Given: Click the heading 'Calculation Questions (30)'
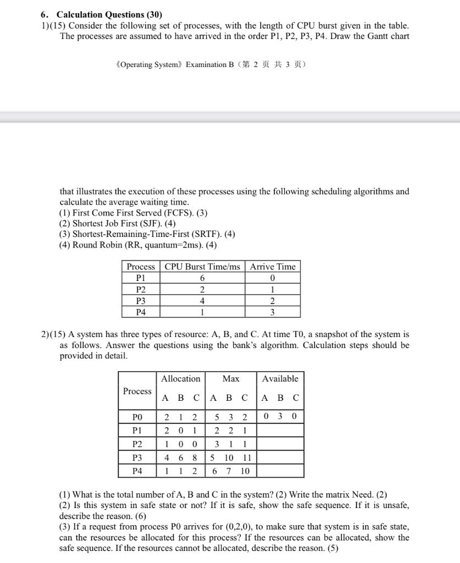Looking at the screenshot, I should tap(109, 15).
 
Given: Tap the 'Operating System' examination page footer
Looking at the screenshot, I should tap(211, 64).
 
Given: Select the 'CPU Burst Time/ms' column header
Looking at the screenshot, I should tap(202, 267).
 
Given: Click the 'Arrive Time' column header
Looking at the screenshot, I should tap(273, 267).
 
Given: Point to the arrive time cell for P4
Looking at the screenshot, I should tap(273, 312).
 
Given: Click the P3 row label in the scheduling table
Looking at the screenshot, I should tap(141, 301).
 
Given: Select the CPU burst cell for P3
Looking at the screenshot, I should tap(202, 301).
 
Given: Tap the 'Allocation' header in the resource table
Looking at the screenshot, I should tap(180, 379).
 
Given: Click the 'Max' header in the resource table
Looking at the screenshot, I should tap(231, 379).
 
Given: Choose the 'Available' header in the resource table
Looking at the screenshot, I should tap(280, 379).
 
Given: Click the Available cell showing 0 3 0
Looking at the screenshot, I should tap(280, 416).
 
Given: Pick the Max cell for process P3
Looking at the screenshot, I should tap(231, 457).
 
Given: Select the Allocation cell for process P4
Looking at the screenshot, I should tap(180, 471).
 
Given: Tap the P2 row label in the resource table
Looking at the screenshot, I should tap(137, 444).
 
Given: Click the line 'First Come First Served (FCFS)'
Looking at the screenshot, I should tap(133, 213).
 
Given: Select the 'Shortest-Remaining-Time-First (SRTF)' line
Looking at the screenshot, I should tap(147, 234).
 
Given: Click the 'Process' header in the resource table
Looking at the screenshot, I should tap(137, 391).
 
